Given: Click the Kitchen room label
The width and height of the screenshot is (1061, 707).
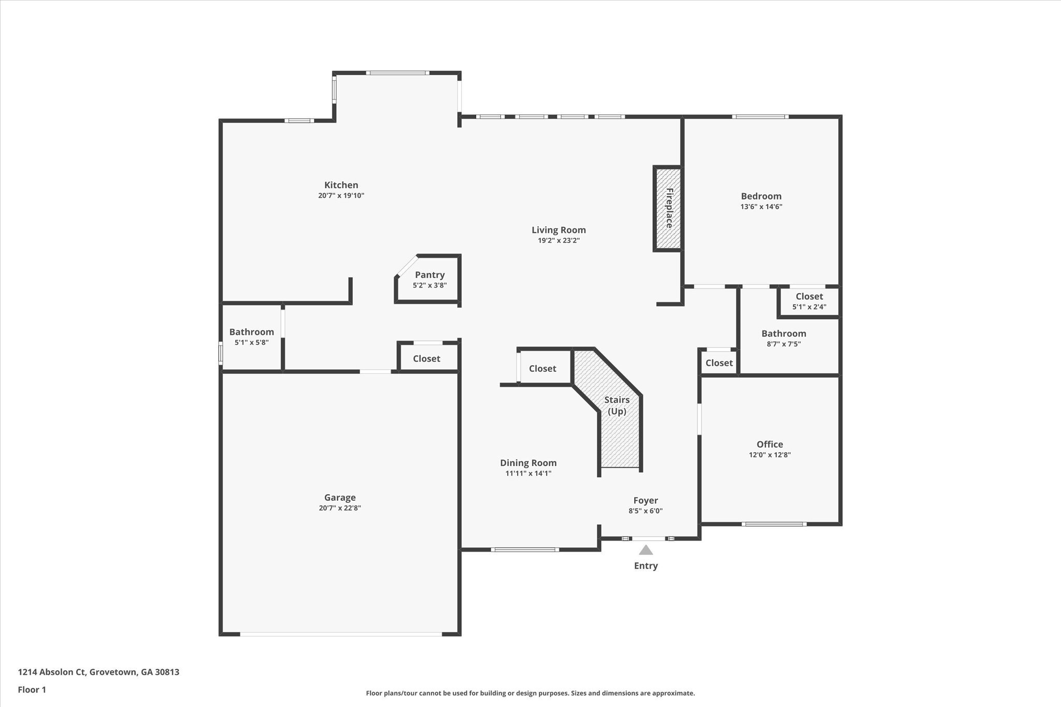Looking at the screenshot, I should click(341, 185).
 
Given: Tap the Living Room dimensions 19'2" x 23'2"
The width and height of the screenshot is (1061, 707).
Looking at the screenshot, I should click(558, 240).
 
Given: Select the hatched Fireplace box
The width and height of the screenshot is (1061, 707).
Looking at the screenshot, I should click(668, 208).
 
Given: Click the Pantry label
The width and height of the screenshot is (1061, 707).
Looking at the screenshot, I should click(429, 275).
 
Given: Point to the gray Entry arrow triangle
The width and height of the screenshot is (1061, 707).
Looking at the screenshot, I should click(646, 550).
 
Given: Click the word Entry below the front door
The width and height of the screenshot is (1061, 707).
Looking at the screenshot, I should click(646, 566).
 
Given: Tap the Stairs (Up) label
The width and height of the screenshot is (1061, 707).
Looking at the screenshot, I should click(616, 405).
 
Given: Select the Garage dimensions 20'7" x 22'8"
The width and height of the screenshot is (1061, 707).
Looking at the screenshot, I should click(340, 508).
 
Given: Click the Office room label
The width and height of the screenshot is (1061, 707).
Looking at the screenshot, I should click(769, 444).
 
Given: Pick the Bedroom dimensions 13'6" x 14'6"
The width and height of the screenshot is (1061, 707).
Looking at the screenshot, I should click(761, 207).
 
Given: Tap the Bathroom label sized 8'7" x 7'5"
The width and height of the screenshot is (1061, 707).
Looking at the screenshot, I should click(783, 334).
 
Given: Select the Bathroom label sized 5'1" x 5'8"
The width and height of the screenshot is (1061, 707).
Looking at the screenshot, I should click(251, 332).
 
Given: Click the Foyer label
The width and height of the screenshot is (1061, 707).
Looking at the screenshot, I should click(646, 500).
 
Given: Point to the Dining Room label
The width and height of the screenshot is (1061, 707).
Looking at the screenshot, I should click(528, 463).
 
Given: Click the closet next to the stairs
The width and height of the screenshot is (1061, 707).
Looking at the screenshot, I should click(542, 368).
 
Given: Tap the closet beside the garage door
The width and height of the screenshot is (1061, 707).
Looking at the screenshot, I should click(426, 358).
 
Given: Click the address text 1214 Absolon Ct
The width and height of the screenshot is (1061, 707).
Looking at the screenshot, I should click(98, 672).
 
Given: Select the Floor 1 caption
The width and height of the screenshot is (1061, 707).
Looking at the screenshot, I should click(32, 689).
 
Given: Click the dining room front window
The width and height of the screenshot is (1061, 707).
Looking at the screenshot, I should click(525, 550).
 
